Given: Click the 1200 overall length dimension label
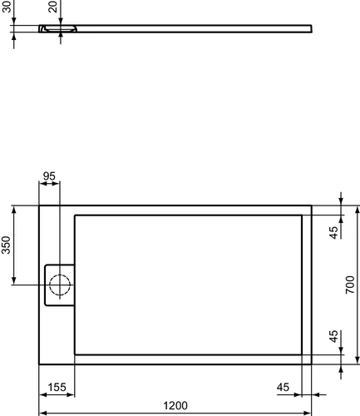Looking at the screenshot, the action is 175,406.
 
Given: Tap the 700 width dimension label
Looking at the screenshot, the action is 350,285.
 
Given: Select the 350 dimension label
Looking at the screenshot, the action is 6,245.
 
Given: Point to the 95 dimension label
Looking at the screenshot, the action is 49,176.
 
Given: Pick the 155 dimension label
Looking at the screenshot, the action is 57,387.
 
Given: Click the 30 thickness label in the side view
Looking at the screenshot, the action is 7,6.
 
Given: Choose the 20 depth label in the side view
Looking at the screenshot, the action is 52,7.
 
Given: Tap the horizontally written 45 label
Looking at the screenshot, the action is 283,387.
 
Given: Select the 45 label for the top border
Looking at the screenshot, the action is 334,232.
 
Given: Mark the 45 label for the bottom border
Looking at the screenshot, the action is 334,336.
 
